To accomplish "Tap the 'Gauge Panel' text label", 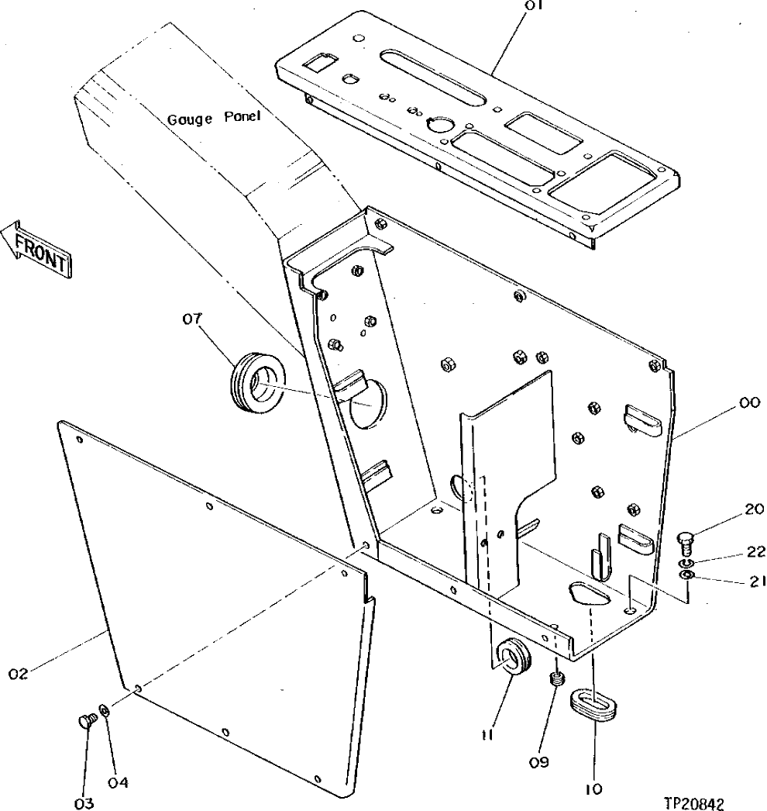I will pos(214,119).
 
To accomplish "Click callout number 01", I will pos(534,5).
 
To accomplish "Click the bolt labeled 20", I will pos(684,540).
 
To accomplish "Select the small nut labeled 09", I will pos(555,680).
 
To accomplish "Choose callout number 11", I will pos(487,732).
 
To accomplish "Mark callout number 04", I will pos(118,782).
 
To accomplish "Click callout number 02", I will pos(19,675).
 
